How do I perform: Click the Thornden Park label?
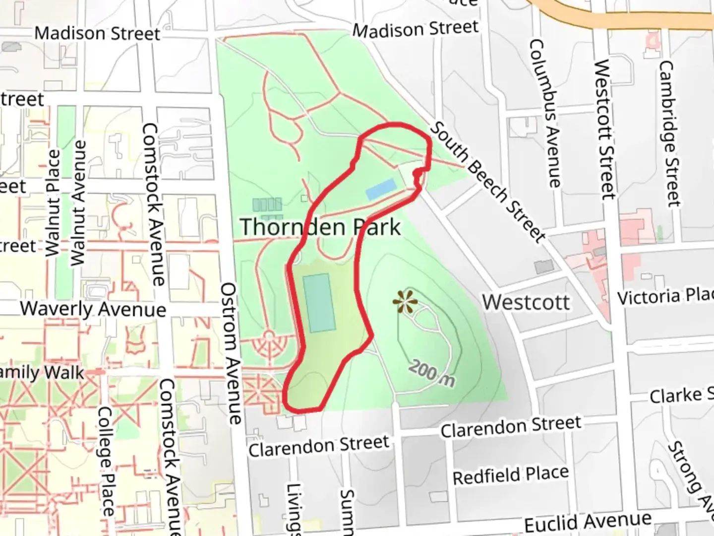click(320, 227)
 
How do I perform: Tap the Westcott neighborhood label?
click(526, 302)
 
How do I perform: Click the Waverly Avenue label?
click(93, 309)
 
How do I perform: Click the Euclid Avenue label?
click(588, 522)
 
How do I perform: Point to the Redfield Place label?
click(511, 475)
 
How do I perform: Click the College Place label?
click(106, 462)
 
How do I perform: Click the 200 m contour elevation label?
click(432, 373)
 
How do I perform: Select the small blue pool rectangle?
click(381, 190)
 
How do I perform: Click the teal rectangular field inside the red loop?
click(319, 303)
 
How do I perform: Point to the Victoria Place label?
click(665, 296)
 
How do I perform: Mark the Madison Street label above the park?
click(416, 29)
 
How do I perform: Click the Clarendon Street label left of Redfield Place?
click(319, 446)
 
